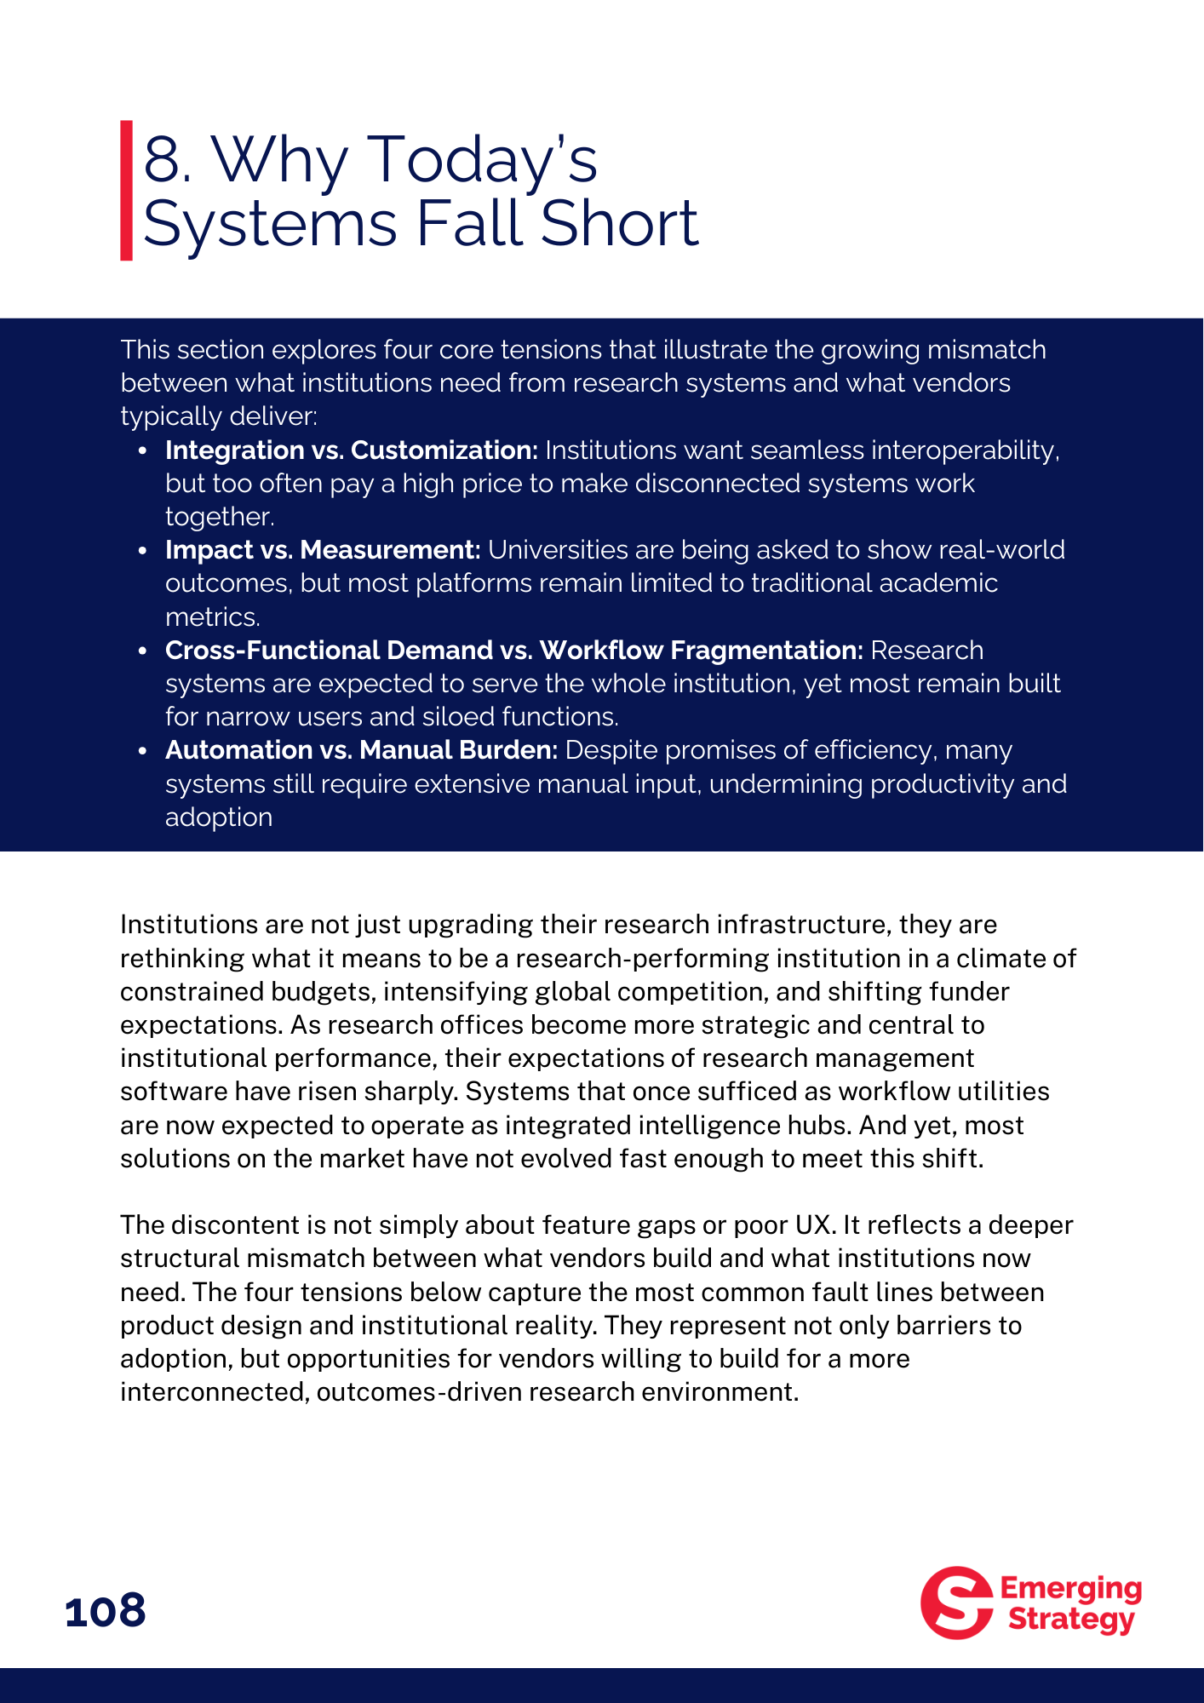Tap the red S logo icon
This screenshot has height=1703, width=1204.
click(x=956, y=1603)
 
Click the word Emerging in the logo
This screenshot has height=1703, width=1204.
click(x=1070, y=1589)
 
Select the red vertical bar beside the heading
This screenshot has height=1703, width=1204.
click(x=126, y=190)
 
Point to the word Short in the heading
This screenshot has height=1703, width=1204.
click(x=619, y=224)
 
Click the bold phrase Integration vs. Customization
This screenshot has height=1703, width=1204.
click(x=352, y=450)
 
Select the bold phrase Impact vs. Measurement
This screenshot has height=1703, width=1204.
click(x=323, y=550)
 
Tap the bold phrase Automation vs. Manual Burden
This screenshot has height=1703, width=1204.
click(x=361, y=750)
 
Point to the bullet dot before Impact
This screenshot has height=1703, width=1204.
click(x=143, y=551)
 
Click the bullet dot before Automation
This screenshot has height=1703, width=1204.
click(x=143, y=751)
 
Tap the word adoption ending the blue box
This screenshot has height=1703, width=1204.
click(x=219, y=817)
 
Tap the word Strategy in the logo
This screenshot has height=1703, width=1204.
click(x=1071, y=1619)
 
